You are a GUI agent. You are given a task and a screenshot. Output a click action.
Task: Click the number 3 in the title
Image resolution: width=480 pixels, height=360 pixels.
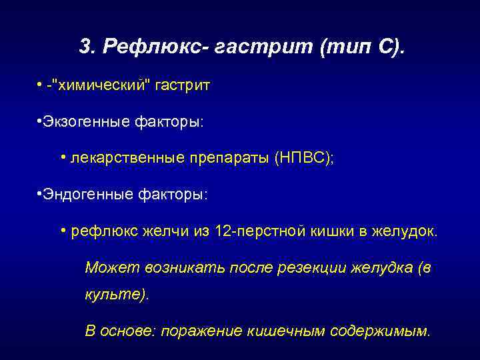pos(83,47)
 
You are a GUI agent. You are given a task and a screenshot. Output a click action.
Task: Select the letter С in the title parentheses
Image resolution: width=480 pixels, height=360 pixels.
pos(387,47)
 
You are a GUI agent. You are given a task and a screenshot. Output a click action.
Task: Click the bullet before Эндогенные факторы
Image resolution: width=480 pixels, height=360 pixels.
pos(41,193)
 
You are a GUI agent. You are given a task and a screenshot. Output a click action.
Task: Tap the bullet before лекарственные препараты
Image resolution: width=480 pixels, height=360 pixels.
pos(62,157)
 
